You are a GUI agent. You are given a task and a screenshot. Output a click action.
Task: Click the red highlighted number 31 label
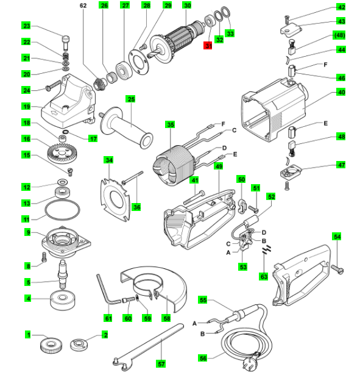point(208,46)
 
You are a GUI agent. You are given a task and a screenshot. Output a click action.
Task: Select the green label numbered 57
point(161,364)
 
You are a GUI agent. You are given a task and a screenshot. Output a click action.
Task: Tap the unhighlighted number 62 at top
point(83,5)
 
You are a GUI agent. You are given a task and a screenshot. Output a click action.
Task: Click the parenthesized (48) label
point(339,35)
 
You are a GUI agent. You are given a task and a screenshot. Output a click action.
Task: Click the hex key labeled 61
point(107,291)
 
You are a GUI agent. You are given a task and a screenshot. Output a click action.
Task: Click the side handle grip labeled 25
point(127,127)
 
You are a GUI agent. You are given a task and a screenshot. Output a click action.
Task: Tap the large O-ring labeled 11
point(62,210)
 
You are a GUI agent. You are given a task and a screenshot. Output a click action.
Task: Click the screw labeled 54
point(337,269)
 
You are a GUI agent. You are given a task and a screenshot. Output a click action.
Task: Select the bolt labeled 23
point(66,43)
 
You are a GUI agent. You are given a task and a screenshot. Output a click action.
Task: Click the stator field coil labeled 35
point(173,165)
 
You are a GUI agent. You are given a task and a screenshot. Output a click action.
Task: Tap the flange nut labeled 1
point(51,345)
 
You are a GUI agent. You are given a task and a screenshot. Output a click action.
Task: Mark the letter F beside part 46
point(325,65)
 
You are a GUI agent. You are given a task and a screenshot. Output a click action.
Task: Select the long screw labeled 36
point(133,177)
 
